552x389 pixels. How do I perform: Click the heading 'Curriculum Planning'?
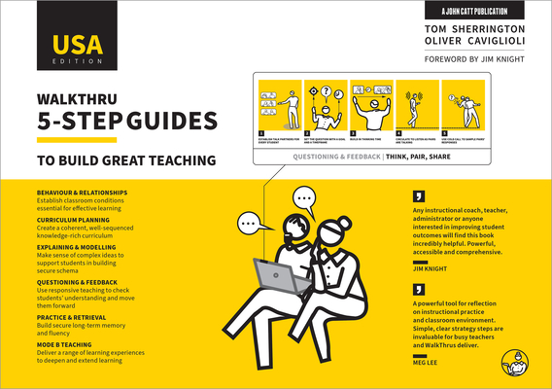[x=73, y=220]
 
